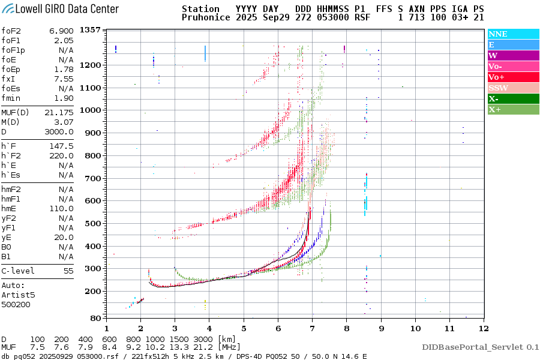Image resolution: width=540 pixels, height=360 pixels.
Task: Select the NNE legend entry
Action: click(497, 34)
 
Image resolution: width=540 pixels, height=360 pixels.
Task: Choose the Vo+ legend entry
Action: click(496, 77)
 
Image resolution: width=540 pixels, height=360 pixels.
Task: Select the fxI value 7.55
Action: click(64, 79)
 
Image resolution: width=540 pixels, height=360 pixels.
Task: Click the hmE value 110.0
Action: click(61, 208)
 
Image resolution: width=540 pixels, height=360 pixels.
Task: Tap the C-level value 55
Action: click(68, 271)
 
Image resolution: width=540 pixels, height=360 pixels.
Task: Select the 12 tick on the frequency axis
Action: click(483, 328)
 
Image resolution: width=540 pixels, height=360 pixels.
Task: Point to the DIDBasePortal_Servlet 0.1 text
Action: click(480, 347)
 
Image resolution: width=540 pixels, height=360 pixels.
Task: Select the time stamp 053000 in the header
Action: click(328, 18)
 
